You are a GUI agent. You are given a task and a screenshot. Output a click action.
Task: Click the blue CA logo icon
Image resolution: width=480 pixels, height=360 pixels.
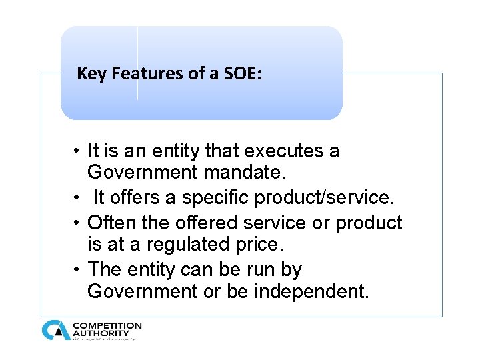click(55, 330)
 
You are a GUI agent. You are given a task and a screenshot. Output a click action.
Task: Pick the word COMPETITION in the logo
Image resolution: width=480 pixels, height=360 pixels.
click(107, 325)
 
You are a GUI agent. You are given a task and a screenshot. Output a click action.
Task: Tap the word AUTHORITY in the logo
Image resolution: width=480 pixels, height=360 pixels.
click(101, 333)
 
